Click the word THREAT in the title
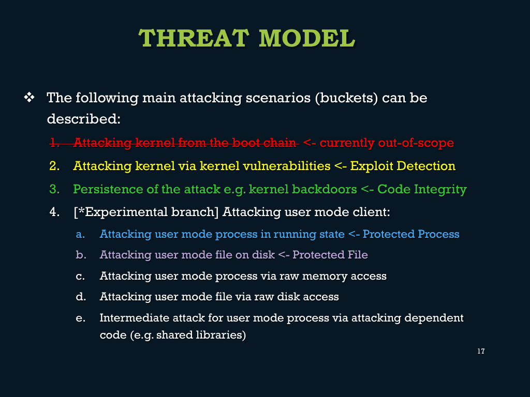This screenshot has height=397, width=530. [x=194, y=38]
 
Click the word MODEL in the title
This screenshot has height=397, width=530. [x=307, y=38]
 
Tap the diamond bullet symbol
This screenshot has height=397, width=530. [x=29, y=98]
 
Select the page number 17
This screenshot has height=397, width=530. [x=481, y=351]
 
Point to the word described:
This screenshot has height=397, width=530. [x=84, y=119]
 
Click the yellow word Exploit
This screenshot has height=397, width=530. [x=371, y=166]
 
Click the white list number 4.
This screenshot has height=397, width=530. [x=54, y=212]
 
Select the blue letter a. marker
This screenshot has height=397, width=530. [x=80, y=234]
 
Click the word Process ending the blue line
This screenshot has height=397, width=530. [x=438, y=234]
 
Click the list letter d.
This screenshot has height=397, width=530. [x=81, y=297]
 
